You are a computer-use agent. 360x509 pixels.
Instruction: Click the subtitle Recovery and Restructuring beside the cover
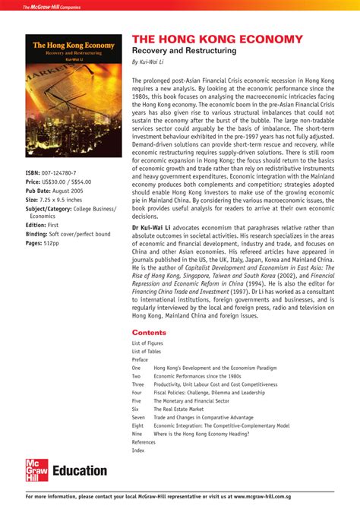click(x=184, y=51)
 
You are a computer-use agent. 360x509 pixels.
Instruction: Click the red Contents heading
click(x=149, y=333)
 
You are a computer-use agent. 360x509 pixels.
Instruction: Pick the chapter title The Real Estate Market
click(x=179, y=409)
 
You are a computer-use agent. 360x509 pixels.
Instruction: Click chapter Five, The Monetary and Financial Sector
click(x=191, y=400)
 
